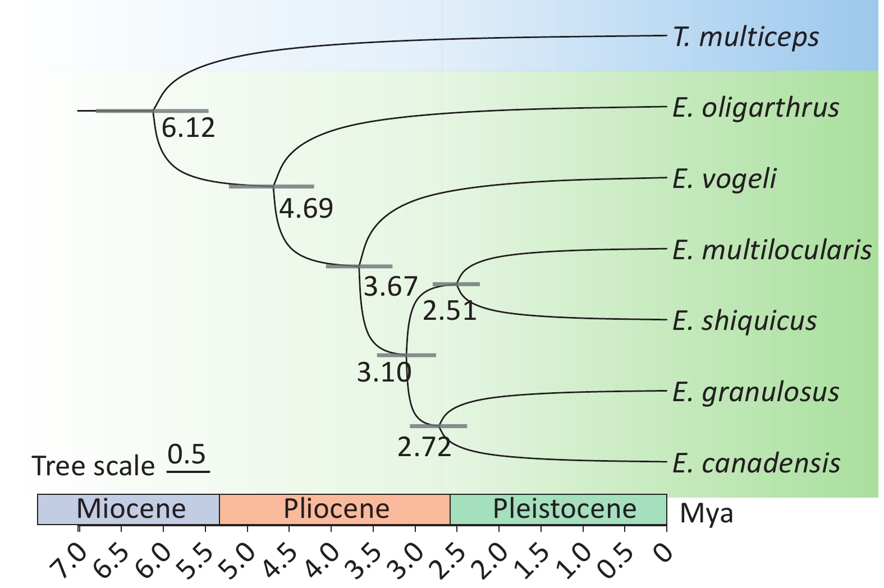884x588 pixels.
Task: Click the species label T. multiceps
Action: coord(745,38)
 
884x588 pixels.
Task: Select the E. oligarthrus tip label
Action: coord(755,108)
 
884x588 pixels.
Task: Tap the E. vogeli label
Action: coord(724,179)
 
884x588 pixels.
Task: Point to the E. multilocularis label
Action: coord(772,250)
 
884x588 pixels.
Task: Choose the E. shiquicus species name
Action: coord(744,321)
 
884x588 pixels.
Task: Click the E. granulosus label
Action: coord(755,393)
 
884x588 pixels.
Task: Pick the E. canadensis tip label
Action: coord(756,463)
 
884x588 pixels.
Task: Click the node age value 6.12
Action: coord(188,128)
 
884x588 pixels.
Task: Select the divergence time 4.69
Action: coord(306,209)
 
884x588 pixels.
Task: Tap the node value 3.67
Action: coord(390,287)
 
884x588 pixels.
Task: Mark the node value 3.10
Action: coord(384,372)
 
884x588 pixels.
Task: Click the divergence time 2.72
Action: coord(424,447)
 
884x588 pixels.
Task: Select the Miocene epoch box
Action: coord(129,509)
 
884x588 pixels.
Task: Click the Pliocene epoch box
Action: coord(335,509)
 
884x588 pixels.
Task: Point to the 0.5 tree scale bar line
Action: coord(188,471)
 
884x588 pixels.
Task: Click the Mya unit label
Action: coord(706,513)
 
